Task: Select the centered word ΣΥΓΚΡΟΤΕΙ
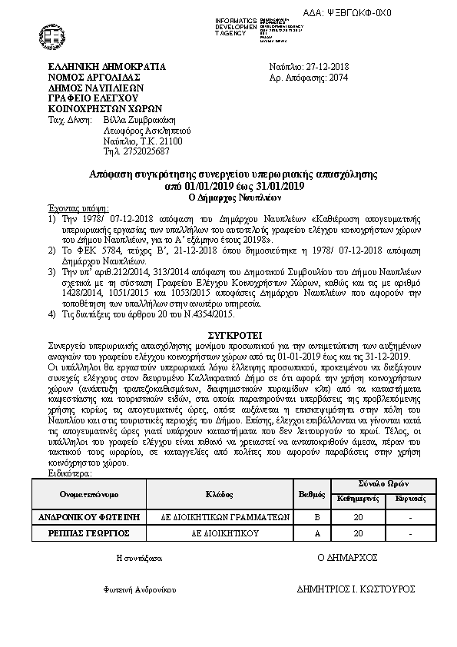[x=235, y=336]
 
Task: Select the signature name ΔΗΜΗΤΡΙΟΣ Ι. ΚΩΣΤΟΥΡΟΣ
[x=356, y=589]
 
